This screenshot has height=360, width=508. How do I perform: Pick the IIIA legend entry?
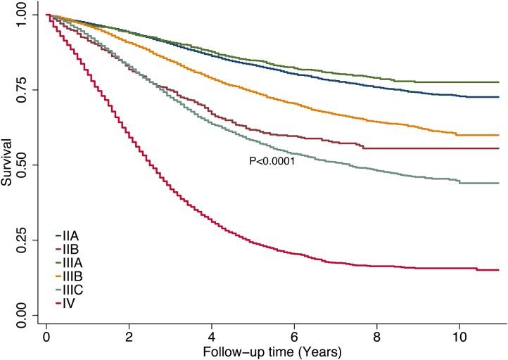71,262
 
